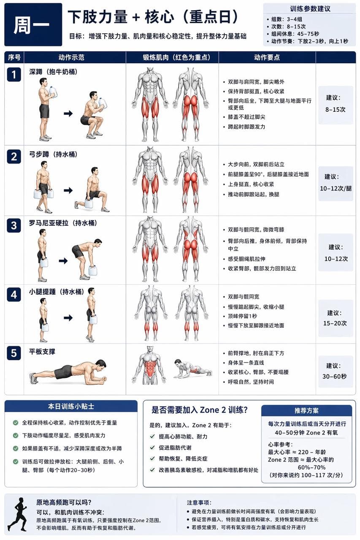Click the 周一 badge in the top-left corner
click(x=33, y=24)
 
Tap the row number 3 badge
click(x=14, y=226)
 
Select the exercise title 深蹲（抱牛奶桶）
click(x=53, y=72)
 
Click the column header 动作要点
click(x=267, y=57)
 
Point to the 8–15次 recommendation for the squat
click(x=336, y=109)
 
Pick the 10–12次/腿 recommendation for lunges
click(x=336, y=188)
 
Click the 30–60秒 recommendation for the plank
click(x=335, y=376)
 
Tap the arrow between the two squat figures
click(x=68, y=113)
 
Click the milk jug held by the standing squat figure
click(x=53, y=92)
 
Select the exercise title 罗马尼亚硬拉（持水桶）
click(x=63, y=223)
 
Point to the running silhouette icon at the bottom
click(x=18, y=515)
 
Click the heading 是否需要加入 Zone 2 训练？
click(x=200, y=410)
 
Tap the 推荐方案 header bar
click(x=306, y=410)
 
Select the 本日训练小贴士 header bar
click(x=71, y=406)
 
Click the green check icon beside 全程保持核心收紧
click(x=16, y=423)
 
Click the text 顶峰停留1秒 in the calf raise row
click(x=243, y=316)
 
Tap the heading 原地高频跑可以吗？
click(x=64, y=502)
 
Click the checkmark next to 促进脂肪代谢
click(x=152, y=448)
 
